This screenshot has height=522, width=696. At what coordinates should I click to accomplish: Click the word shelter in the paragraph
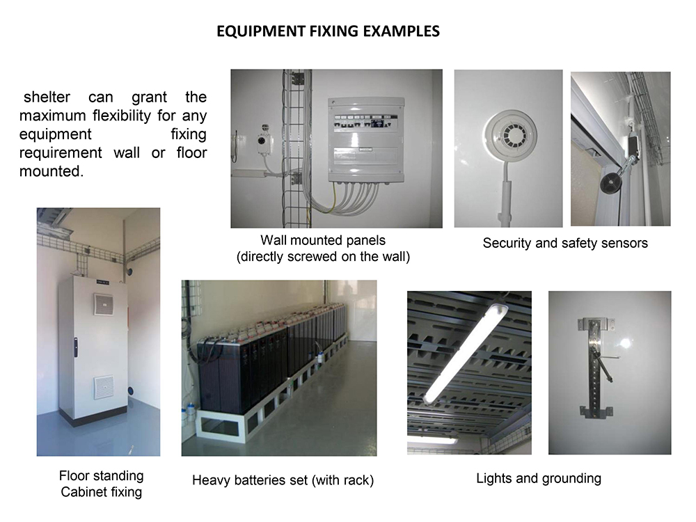(47, 97)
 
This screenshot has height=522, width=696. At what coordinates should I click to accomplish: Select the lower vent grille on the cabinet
(104, 388)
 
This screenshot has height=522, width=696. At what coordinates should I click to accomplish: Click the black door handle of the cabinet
(76, 347)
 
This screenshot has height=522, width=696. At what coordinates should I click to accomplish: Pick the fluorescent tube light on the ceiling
(467, 351)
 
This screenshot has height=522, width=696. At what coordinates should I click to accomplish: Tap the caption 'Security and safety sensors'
(565, 243)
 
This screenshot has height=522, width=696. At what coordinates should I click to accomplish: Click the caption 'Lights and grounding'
(539, 479)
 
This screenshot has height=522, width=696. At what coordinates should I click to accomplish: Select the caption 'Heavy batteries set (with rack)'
(283, 480)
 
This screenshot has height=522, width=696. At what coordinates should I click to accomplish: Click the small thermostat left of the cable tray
(264, 141)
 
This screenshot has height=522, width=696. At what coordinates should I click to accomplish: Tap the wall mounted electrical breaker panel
(367, 140)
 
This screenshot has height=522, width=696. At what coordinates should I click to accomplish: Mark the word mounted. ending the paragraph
(52, 171)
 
